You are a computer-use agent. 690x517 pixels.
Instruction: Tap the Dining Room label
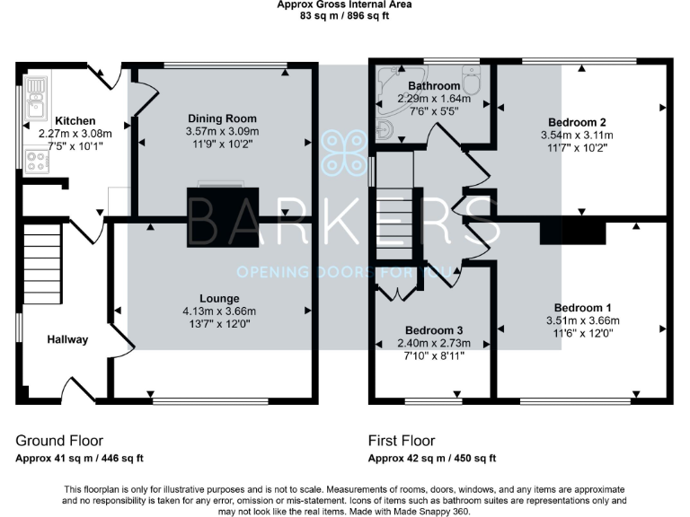[222, 118]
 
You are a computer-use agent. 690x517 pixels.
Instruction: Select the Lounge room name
[219, 298]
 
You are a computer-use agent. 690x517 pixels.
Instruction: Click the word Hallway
[68, 339]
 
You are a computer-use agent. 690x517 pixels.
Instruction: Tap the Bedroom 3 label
[433, 329]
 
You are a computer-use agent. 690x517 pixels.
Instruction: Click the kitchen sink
[37, 97]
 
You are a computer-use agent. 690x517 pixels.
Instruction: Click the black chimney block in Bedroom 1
[572, 232]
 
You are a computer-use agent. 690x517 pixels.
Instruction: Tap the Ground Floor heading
[59, 441]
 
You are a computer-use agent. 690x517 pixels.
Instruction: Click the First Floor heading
[402, 441]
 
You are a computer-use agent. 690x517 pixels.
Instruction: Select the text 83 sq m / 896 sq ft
[345, 15]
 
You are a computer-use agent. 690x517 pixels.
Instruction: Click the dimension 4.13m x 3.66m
[219, 311]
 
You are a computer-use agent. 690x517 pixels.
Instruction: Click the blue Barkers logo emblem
[345, 152]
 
